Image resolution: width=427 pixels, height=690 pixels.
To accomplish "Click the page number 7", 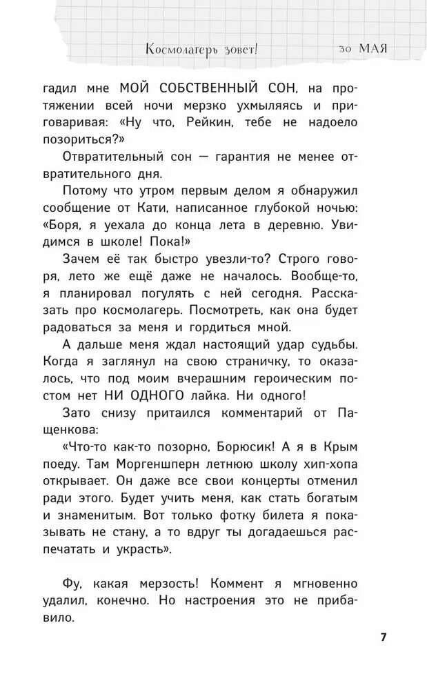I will [384, 636].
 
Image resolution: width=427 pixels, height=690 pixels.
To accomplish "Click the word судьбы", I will [358, 343].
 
